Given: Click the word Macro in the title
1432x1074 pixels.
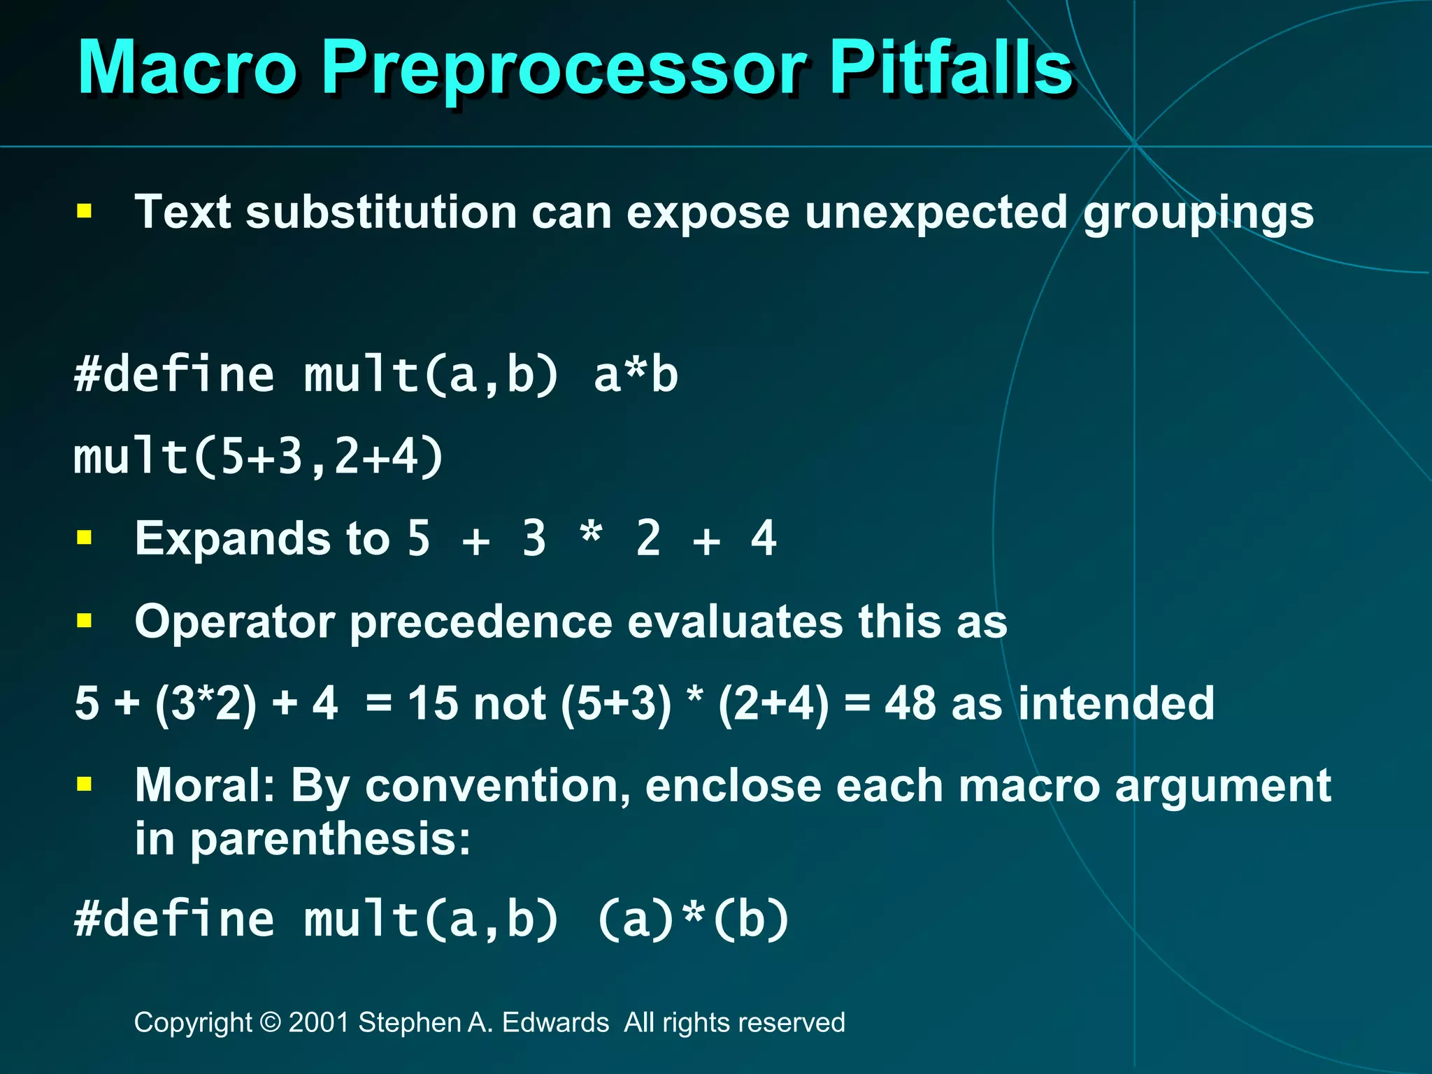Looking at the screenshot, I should coord(187,68).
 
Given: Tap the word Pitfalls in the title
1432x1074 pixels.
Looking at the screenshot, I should coord(950,68).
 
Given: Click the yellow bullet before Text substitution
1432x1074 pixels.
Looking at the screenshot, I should coord(85,211).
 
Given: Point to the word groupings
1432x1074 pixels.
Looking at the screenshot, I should coord(1198,213).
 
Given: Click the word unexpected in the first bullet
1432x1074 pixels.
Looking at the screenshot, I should coord(936,213).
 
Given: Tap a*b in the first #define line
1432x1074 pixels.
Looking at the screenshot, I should coord(636,375).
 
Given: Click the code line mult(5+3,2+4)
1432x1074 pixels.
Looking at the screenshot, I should coord(259,457).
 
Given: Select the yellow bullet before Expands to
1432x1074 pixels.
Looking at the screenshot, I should coord(85,538).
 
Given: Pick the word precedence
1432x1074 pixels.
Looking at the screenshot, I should coord(481,622).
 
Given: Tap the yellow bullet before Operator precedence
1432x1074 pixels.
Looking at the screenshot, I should coord(85,620).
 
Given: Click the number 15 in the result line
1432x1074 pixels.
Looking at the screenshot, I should coord(433,703).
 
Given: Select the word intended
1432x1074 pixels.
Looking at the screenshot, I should coord(1116,703).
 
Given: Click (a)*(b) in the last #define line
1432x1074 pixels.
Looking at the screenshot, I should coord(693,919).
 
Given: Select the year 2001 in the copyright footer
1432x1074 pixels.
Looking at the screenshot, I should coord(319,1023).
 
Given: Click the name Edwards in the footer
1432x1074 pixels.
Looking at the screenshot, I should coord(555,1023).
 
